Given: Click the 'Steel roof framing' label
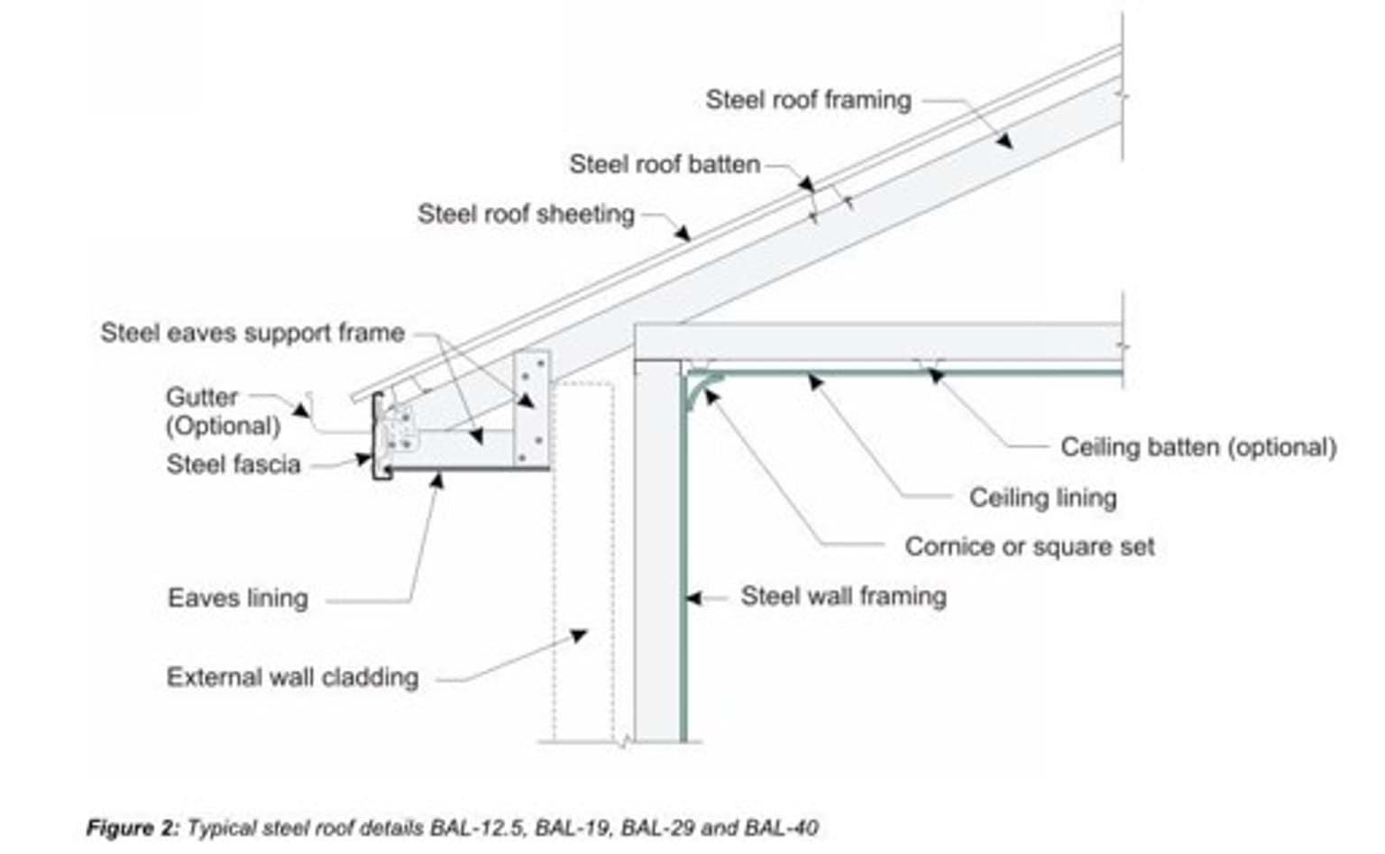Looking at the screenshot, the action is (x=808, y=99).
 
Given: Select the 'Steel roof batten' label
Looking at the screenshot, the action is (x=665, y=164).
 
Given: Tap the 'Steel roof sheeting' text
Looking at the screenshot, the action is (x=526, y=214).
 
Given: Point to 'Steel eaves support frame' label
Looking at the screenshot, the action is (x=252, y=333).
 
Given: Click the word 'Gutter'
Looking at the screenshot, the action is (x=202, y=397).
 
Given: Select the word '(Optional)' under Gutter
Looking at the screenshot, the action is (x=223, y=426).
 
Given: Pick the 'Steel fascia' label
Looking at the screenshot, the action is (x=233, y=464).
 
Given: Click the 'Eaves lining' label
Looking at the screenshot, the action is (x=237, y=598).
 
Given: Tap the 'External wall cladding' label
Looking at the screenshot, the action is (x=292, y=677).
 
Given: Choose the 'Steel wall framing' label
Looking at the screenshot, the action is (x=843, y=596).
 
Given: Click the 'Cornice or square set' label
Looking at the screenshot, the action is (x=1029, y=546).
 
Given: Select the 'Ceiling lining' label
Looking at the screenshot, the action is (x=1042, y=497).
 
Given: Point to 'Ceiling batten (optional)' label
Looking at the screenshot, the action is (x=1197, y=446).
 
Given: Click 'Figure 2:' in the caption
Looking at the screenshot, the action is (x=133, y=828).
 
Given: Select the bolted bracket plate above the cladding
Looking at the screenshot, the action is (x=531, y=408).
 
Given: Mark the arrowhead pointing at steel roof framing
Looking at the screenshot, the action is (x=1004, y=141).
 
